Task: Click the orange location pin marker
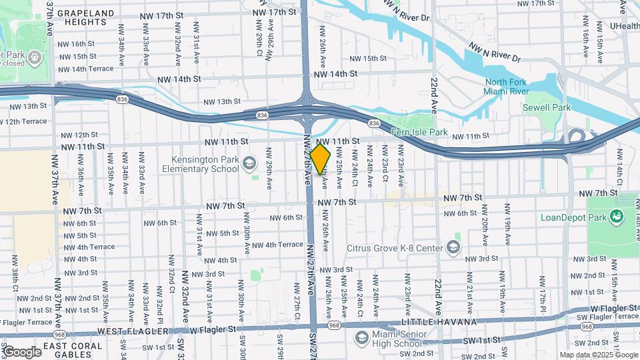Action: click(x=320, y=159)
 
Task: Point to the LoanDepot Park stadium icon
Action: click(x=617, y=215)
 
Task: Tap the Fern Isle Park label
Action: click(x=419, y=132)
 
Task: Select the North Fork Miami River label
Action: click(x=506, y=87)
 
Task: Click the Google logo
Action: click(x=21, y=352)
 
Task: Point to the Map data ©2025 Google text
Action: click(x=598, y=355)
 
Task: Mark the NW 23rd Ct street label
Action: click(x=385, y=170)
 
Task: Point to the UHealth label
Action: click(x=624, y=26)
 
